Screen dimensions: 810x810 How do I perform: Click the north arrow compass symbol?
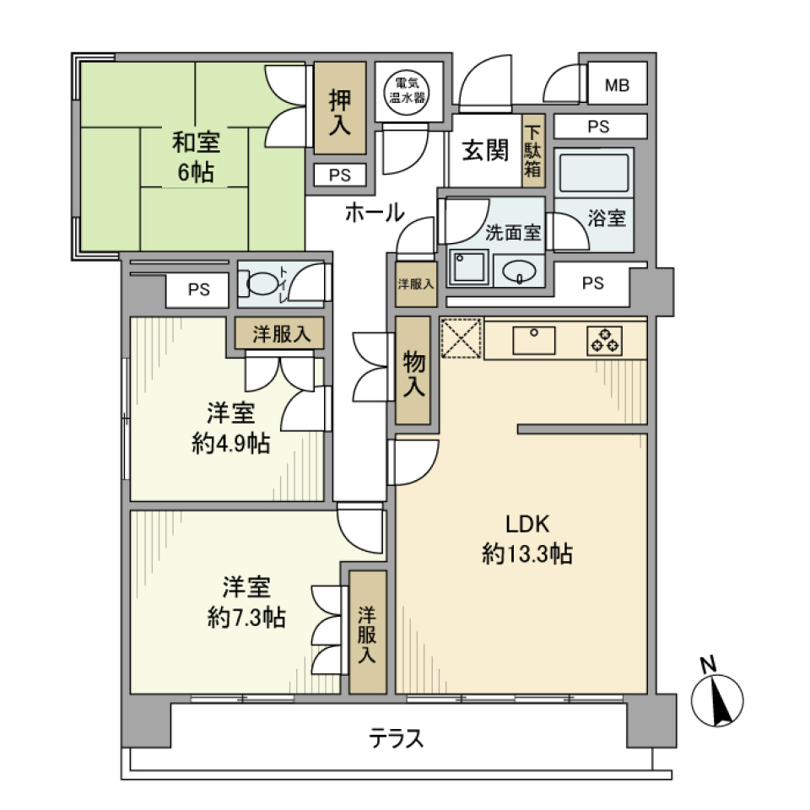tap(717, 699)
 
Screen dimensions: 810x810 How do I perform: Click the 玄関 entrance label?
tap(484, 151)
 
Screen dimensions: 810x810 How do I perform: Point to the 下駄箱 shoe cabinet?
tap(532, 151)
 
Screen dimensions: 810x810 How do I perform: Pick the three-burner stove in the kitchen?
tap(605, 339)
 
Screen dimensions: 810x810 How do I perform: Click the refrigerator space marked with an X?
tap(461, 338)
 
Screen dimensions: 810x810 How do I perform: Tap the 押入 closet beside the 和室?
tap(340, 108)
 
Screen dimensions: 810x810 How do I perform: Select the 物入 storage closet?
tap(413, 371)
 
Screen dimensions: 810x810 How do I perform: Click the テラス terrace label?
tap(396, 740)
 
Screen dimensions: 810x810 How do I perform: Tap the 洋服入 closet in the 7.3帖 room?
tap(367, 633)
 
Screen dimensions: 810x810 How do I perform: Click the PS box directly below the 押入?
tap(340, 175)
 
